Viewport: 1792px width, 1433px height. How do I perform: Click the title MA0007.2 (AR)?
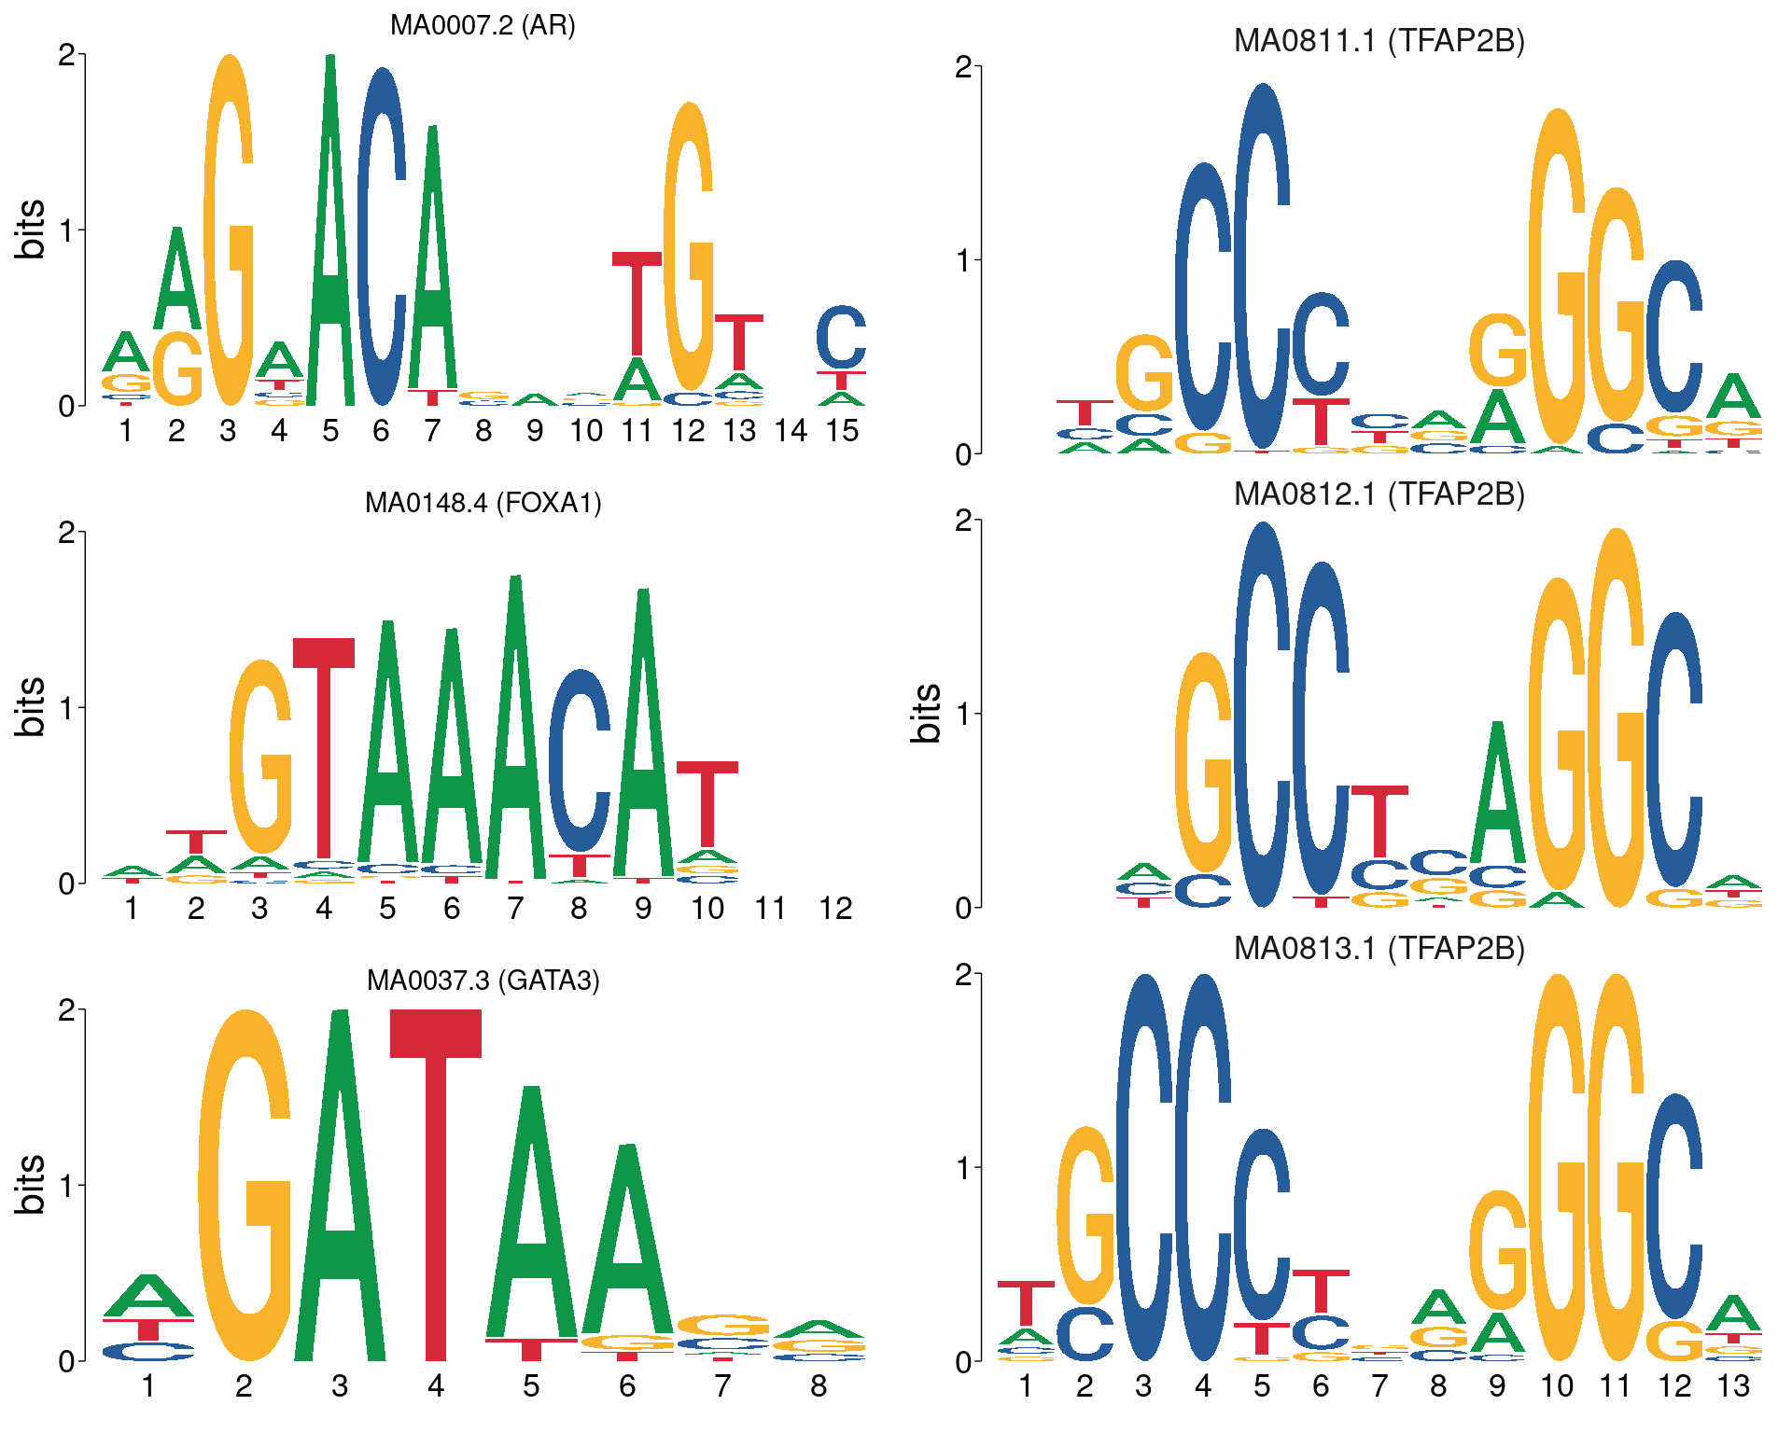483,25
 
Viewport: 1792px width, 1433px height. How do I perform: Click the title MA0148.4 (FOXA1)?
483,503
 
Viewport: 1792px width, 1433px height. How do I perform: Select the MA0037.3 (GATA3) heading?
483,981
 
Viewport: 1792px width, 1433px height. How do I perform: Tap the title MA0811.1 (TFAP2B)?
1379,41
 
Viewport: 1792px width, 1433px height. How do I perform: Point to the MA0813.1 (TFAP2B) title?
1379,948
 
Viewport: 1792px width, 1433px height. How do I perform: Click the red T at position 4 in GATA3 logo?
436,1185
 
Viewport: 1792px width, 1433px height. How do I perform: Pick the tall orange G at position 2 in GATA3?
245,1185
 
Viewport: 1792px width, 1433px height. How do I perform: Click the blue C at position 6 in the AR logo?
381,238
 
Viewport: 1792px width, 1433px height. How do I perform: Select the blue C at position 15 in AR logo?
841,338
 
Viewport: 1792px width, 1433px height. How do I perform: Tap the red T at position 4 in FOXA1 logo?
324,746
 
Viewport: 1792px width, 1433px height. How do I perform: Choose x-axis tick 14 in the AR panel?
791,431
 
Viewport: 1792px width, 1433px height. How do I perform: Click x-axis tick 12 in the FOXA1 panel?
835,909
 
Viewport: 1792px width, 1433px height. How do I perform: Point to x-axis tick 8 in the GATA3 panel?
819,1386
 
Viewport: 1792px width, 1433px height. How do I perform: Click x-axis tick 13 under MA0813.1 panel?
1733,1386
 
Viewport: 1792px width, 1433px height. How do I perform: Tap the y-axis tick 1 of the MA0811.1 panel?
964,260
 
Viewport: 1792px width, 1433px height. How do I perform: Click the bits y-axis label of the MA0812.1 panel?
926,713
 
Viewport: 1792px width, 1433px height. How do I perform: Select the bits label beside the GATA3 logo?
30,1185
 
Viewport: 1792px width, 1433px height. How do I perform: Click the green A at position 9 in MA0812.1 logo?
1497,793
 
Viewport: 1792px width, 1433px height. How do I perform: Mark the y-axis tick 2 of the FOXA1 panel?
66,533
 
